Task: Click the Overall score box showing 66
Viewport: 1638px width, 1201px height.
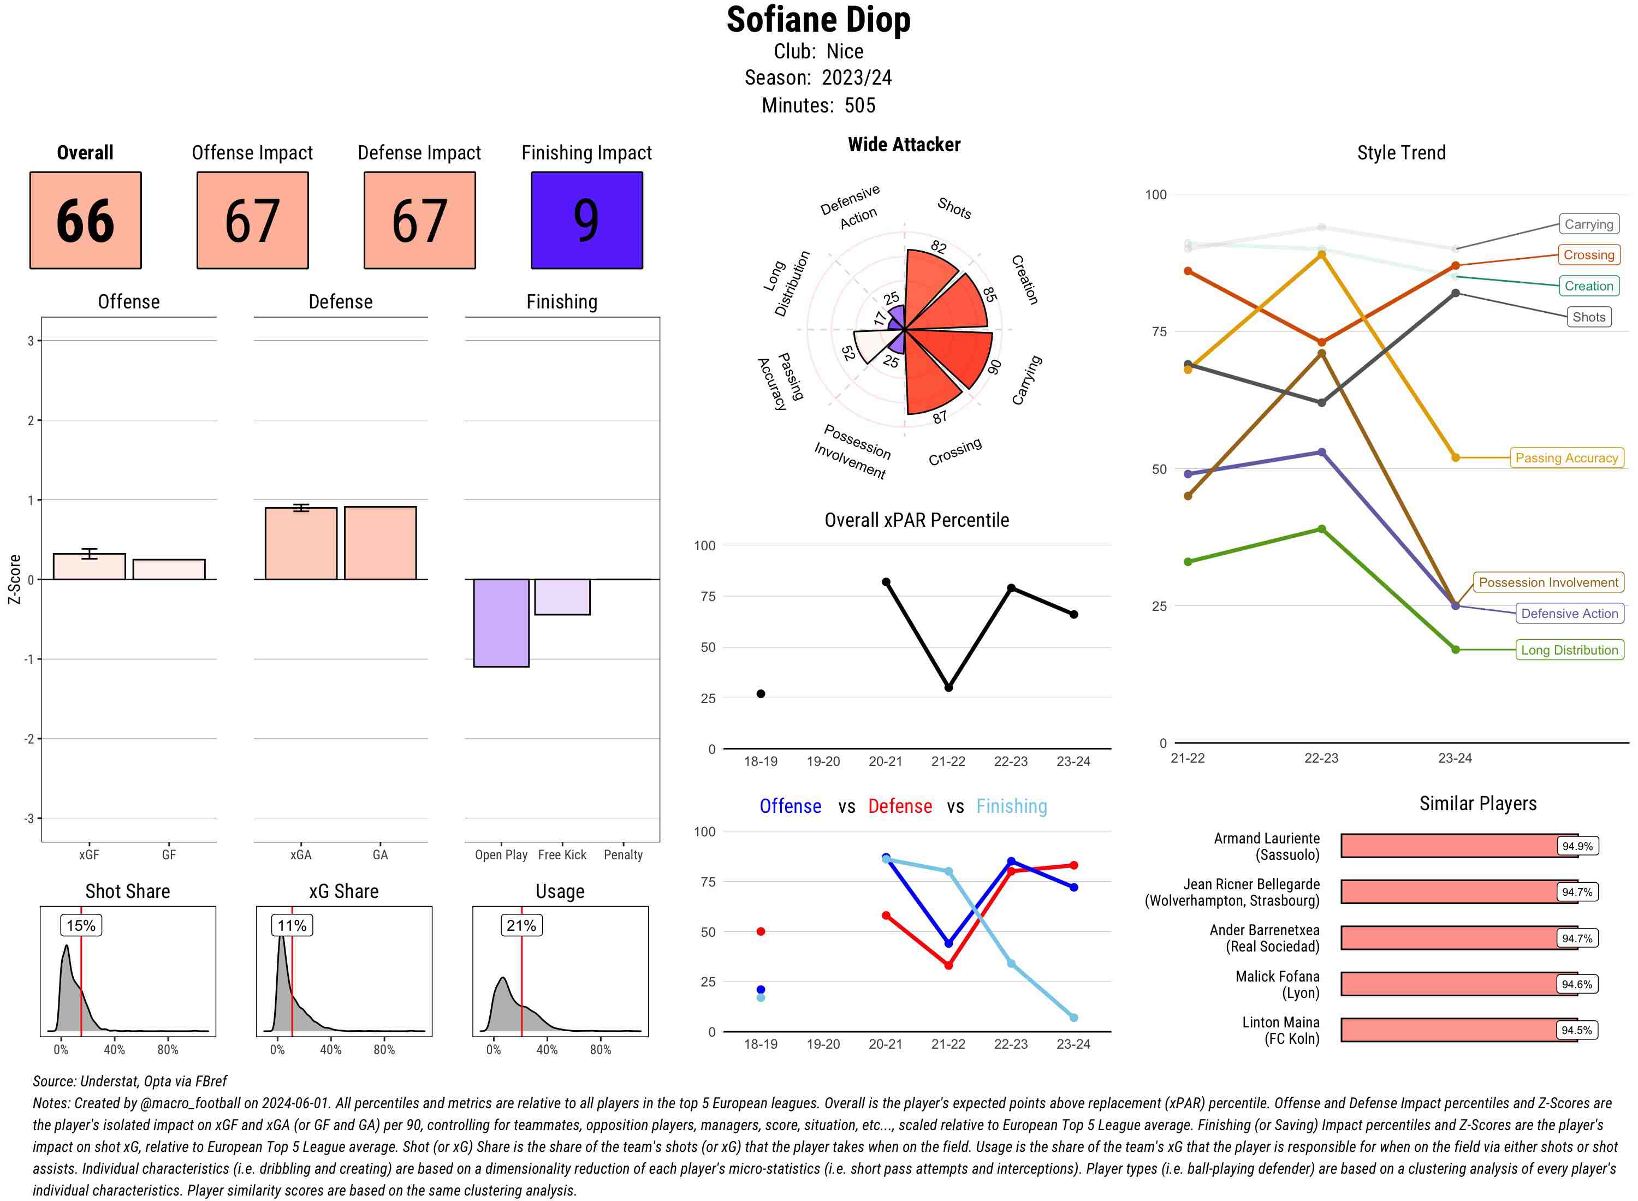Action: pyautogui.click(x=85, y=221)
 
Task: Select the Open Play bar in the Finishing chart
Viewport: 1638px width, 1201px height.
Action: pyautogui.click(x=501, y=622)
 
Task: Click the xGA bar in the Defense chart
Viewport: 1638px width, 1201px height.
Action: pyautogui.click(x=300, y=543)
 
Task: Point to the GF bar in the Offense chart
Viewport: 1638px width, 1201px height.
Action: pyautogui.click(x=169, y=569)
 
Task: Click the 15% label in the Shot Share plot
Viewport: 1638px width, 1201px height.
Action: pyautogui.click(x=81, y=925)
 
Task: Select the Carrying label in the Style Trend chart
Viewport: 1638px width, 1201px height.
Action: pyautogui.click(x=1588, y=224)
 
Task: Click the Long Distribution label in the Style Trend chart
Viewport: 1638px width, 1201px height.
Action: pyautogui.click(x=1569, y=650)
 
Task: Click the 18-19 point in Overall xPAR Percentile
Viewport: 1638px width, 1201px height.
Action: pyautogui.click(x=761, y=693)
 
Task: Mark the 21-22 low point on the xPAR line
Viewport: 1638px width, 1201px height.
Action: pyautogui.click(x=948, y=687)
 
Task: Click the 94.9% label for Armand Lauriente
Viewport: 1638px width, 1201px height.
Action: pyautogui.click(x=1576, y=846)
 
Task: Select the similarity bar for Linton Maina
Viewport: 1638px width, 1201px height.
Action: pyautogui.click(x=1458, y=1030)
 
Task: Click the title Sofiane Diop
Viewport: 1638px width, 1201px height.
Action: pyautogui.click(x=818, y=20)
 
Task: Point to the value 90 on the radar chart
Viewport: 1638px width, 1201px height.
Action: pyautogui.click(x=994, y=366)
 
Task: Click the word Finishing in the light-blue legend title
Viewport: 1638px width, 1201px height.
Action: pyautogui.click(x=1011, y=806)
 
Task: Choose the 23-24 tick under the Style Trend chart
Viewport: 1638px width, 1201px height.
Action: pyautogui.click(x=1455, y=758)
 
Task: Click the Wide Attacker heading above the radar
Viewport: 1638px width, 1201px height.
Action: pyautogui.click(x=904, y=145)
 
